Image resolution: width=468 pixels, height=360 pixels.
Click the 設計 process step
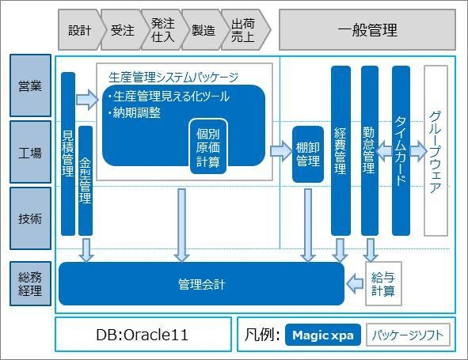[79, 31]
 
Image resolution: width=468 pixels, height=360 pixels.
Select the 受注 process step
[121, 31]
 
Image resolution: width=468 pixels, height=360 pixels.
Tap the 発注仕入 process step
[162, 31]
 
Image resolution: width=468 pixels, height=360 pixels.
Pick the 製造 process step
[204, 31]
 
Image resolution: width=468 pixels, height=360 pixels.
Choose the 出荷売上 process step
[243, 31]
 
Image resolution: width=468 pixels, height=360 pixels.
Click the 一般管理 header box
[367, 31]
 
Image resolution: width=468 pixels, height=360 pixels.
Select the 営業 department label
[30, 85]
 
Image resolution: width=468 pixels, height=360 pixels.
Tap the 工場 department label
[30, 153]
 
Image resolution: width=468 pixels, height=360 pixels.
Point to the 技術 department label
[30, 218]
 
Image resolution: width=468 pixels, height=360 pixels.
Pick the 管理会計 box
[201, 283]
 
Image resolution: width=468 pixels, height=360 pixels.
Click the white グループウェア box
[436, 150]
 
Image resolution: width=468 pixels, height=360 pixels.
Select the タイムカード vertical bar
[401, 150]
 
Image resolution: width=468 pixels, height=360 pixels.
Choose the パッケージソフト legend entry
[409, 335]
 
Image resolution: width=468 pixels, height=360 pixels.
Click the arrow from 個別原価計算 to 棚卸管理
[280, 150]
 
